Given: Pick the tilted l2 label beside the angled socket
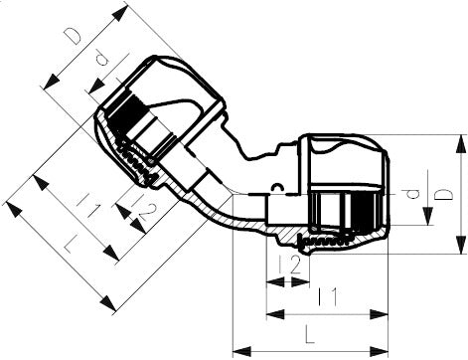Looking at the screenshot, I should click(x=142, y=211).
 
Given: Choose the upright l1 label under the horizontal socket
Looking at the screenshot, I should click(x=324, y=295).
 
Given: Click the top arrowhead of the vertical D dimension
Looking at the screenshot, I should click(x=461, y=140).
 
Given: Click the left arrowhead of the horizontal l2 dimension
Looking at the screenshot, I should click(x=271, y=281).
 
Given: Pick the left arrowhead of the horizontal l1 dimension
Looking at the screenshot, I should click(x=271, y=317).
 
